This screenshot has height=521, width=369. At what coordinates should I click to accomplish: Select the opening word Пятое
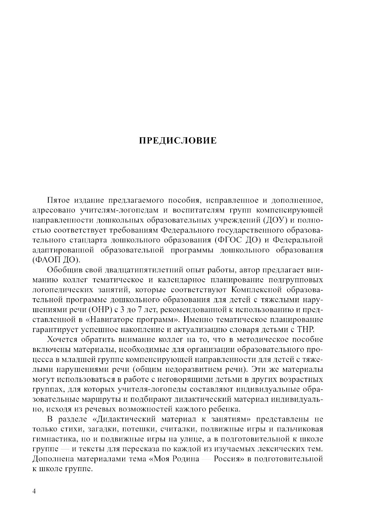point(58,200)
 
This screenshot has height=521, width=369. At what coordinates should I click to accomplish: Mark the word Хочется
point(61,339)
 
